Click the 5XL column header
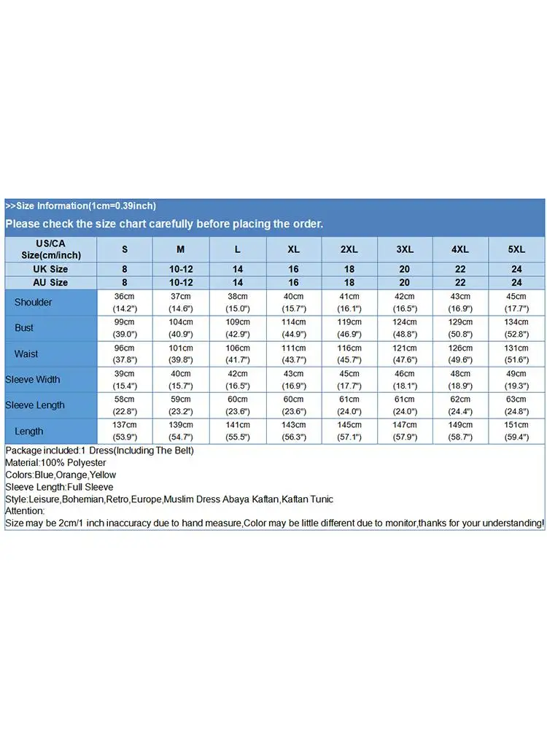tap(516, 249)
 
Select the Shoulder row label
tap(33, 302)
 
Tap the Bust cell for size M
tap(181, 327)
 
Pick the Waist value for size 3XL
tap(405, 354)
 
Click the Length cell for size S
tap(125, 431)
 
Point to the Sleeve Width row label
tap(33, 379)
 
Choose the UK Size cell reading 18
tap(349, 269)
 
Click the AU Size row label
tap(50, 282)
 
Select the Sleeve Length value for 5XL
tap(516, 405)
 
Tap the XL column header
tap(293, 249)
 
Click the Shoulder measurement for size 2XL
tap(349, 302)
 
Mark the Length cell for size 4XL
tap(460, 431)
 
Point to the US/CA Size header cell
tap(50, 249)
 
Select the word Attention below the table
tap(25, 512)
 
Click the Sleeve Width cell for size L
tap(237, 379)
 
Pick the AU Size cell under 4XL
tap(460, 282)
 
